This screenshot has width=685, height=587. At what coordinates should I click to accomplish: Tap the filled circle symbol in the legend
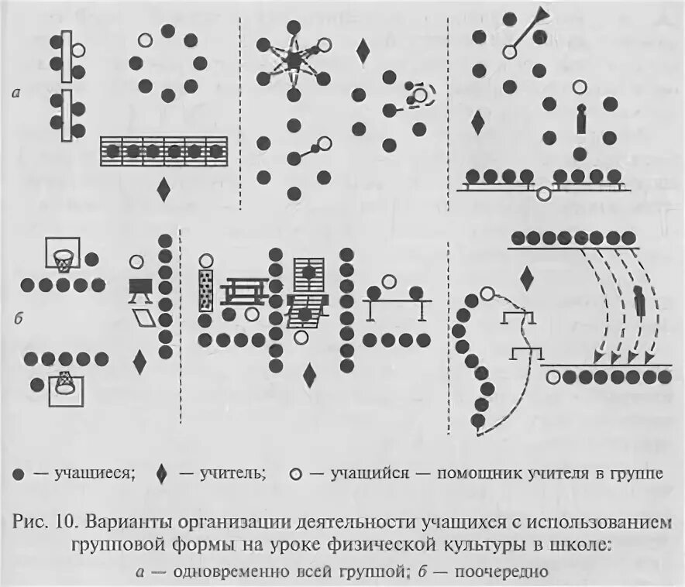(x=17, y=472)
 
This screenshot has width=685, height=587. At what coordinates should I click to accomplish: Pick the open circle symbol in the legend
(x=294, y=472)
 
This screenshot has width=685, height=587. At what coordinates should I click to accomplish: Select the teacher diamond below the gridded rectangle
(x=164, y=188)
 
